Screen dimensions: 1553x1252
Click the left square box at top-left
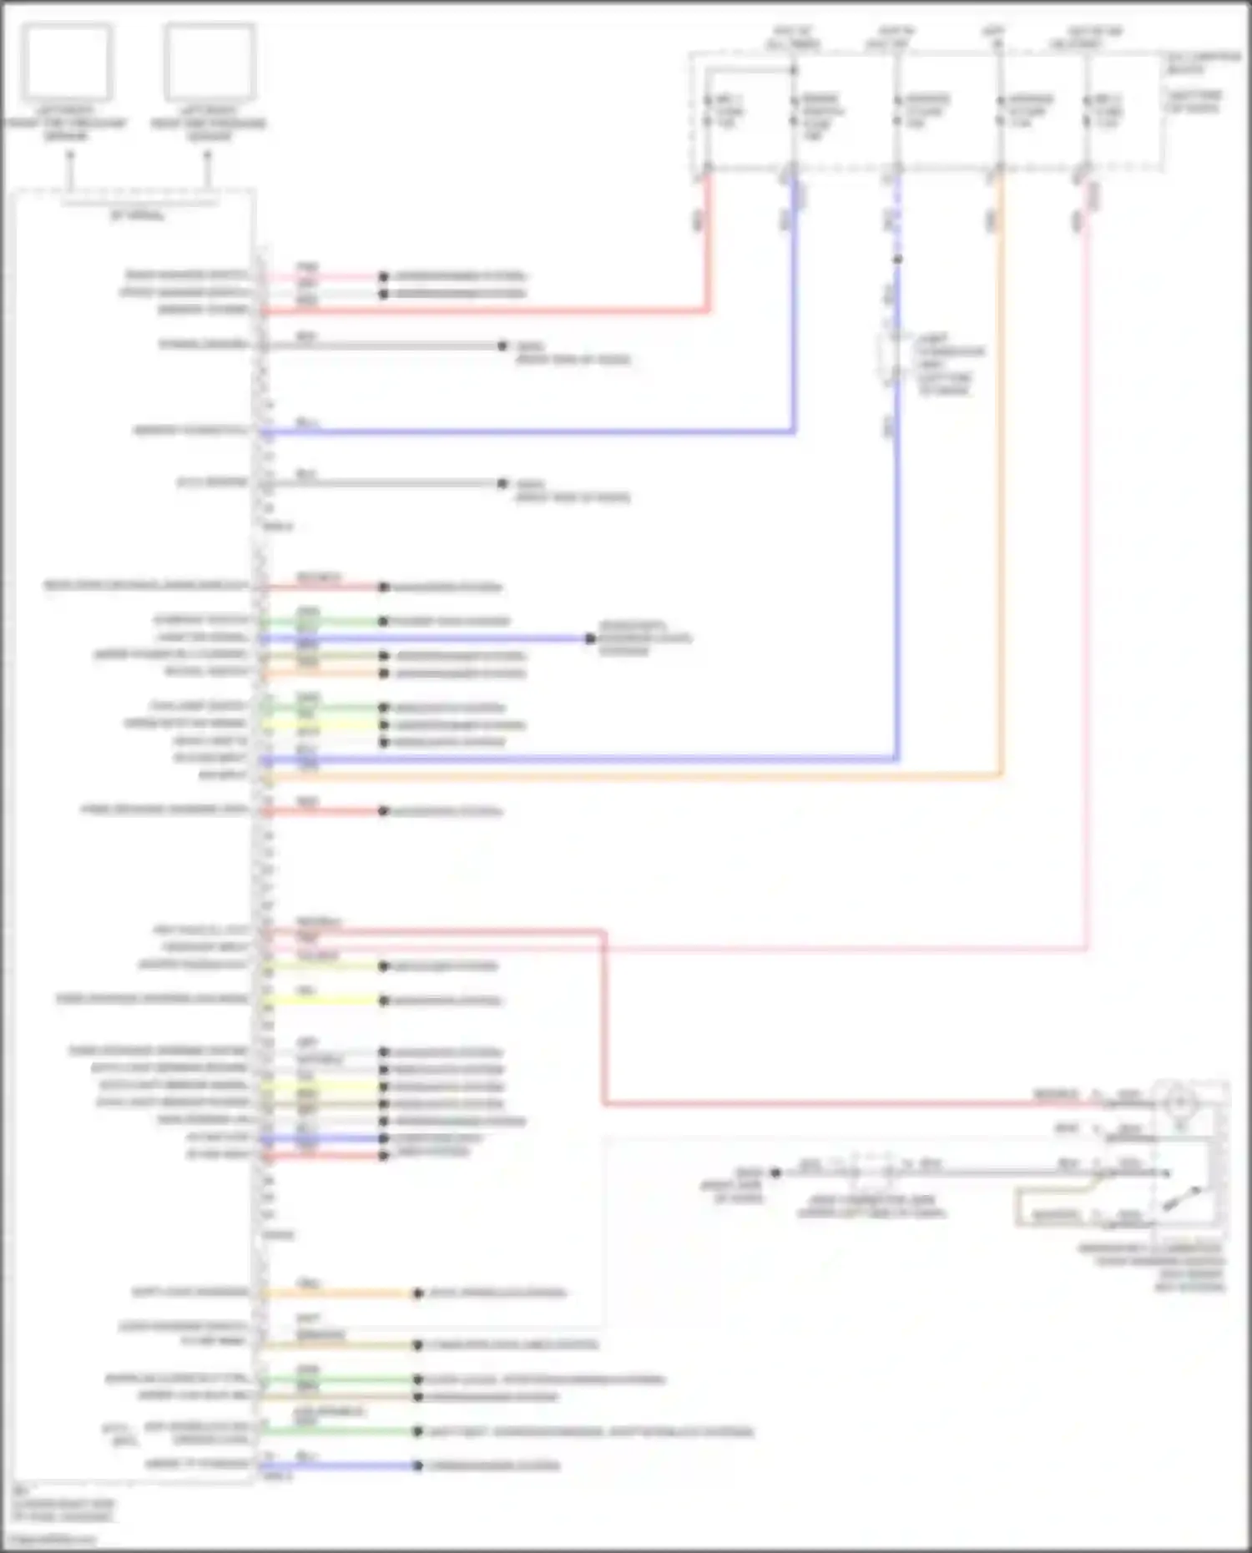(x=67, y=62)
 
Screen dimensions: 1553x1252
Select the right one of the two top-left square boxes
(x=209, y=62)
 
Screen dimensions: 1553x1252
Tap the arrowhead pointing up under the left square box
(x=70, y=156)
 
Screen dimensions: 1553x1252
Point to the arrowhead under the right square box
(x=208, y=156)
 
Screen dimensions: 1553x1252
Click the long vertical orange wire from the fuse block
(x=1001, y=501)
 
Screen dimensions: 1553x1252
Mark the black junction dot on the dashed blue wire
(x=897, y=260)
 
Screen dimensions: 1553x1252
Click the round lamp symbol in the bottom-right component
(x=1179, y=1103)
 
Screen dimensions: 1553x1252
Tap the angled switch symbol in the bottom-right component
(x=1185, y=1198)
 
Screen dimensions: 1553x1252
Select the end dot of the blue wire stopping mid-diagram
(x=590, y=638)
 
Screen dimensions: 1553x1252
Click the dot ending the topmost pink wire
(x=383, y=276)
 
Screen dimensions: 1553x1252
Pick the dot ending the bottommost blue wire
(x=417, y=1465)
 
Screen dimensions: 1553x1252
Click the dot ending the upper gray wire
(x=502, y=345)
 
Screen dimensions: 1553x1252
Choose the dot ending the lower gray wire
(x=502, y=483)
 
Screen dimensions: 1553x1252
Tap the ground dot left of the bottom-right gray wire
(x=775, y=1172)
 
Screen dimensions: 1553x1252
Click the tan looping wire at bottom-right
(x=1017, y=1206)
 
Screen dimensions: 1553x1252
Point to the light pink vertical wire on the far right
(x=1087, y=584)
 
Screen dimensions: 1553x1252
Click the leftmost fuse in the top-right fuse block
(x=707, y=111)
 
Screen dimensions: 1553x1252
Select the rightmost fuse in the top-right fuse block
(x=1086, y=111)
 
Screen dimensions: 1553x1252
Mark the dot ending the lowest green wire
(x=417, y=1431)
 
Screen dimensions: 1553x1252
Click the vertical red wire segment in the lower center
(x=603, y=1018)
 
